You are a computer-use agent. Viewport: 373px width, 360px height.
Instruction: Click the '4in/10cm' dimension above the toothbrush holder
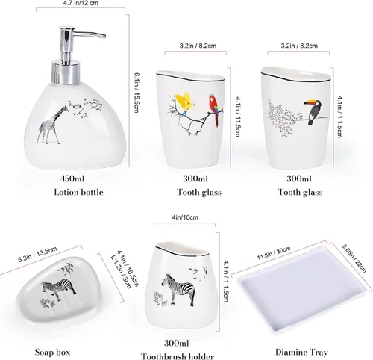(x=185, y=217)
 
